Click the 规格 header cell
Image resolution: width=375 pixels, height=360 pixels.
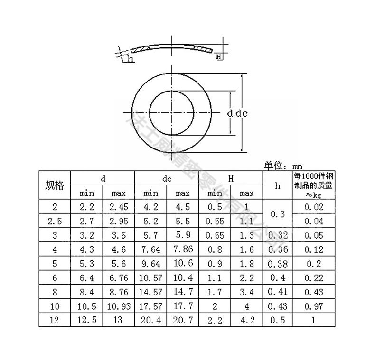click(x=54, y=185)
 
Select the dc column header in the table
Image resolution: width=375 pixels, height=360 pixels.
click(x=167, y=179)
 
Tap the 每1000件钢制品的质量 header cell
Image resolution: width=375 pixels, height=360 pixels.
click(x=313, y=185)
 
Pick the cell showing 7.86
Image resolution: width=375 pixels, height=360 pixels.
click(x=183, y=249)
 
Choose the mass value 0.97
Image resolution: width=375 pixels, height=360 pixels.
click(x=313, y=306)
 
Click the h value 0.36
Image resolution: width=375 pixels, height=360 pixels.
click(x=278, y=249)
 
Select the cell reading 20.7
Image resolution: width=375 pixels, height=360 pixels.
click(x=183, y=320)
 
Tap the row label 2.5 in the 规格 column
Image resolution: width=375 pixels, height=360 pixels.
click(x=54, y=221)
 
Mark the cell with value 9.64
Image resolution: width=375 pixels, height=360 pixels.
click(x=151, y=263)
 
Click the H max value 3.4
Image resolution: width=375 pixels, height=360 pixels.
click(x=247, y=292)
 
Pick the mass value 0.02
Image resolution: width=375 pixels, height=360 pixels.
click(x=313, y=207)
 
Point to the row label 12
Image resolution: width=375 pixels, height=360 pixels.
click(x=54, y=320)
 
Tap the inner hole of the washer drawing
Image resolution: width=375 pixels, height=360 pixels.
click(x=172, y=112)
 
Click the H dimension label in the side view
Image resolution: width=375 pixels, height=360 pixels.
click(x=219, y=57)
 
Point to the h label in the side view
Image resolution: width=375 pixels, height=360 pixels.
click(x=129, y=60)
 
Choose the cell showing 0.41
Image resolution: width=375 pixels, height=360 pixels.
click(x=278, y=292)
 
